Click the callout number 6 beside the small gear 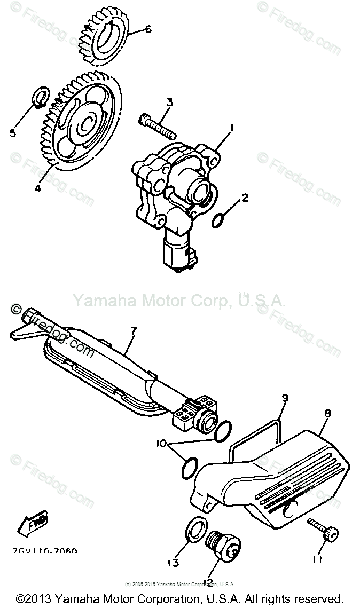(148, 29)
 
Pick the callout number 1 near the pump (232, 128)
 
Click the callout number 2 (245, 198)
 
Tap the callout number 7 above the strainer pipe (134, 331)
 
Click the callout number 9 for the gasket (285, 398)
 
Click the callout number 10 (161, 443)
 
